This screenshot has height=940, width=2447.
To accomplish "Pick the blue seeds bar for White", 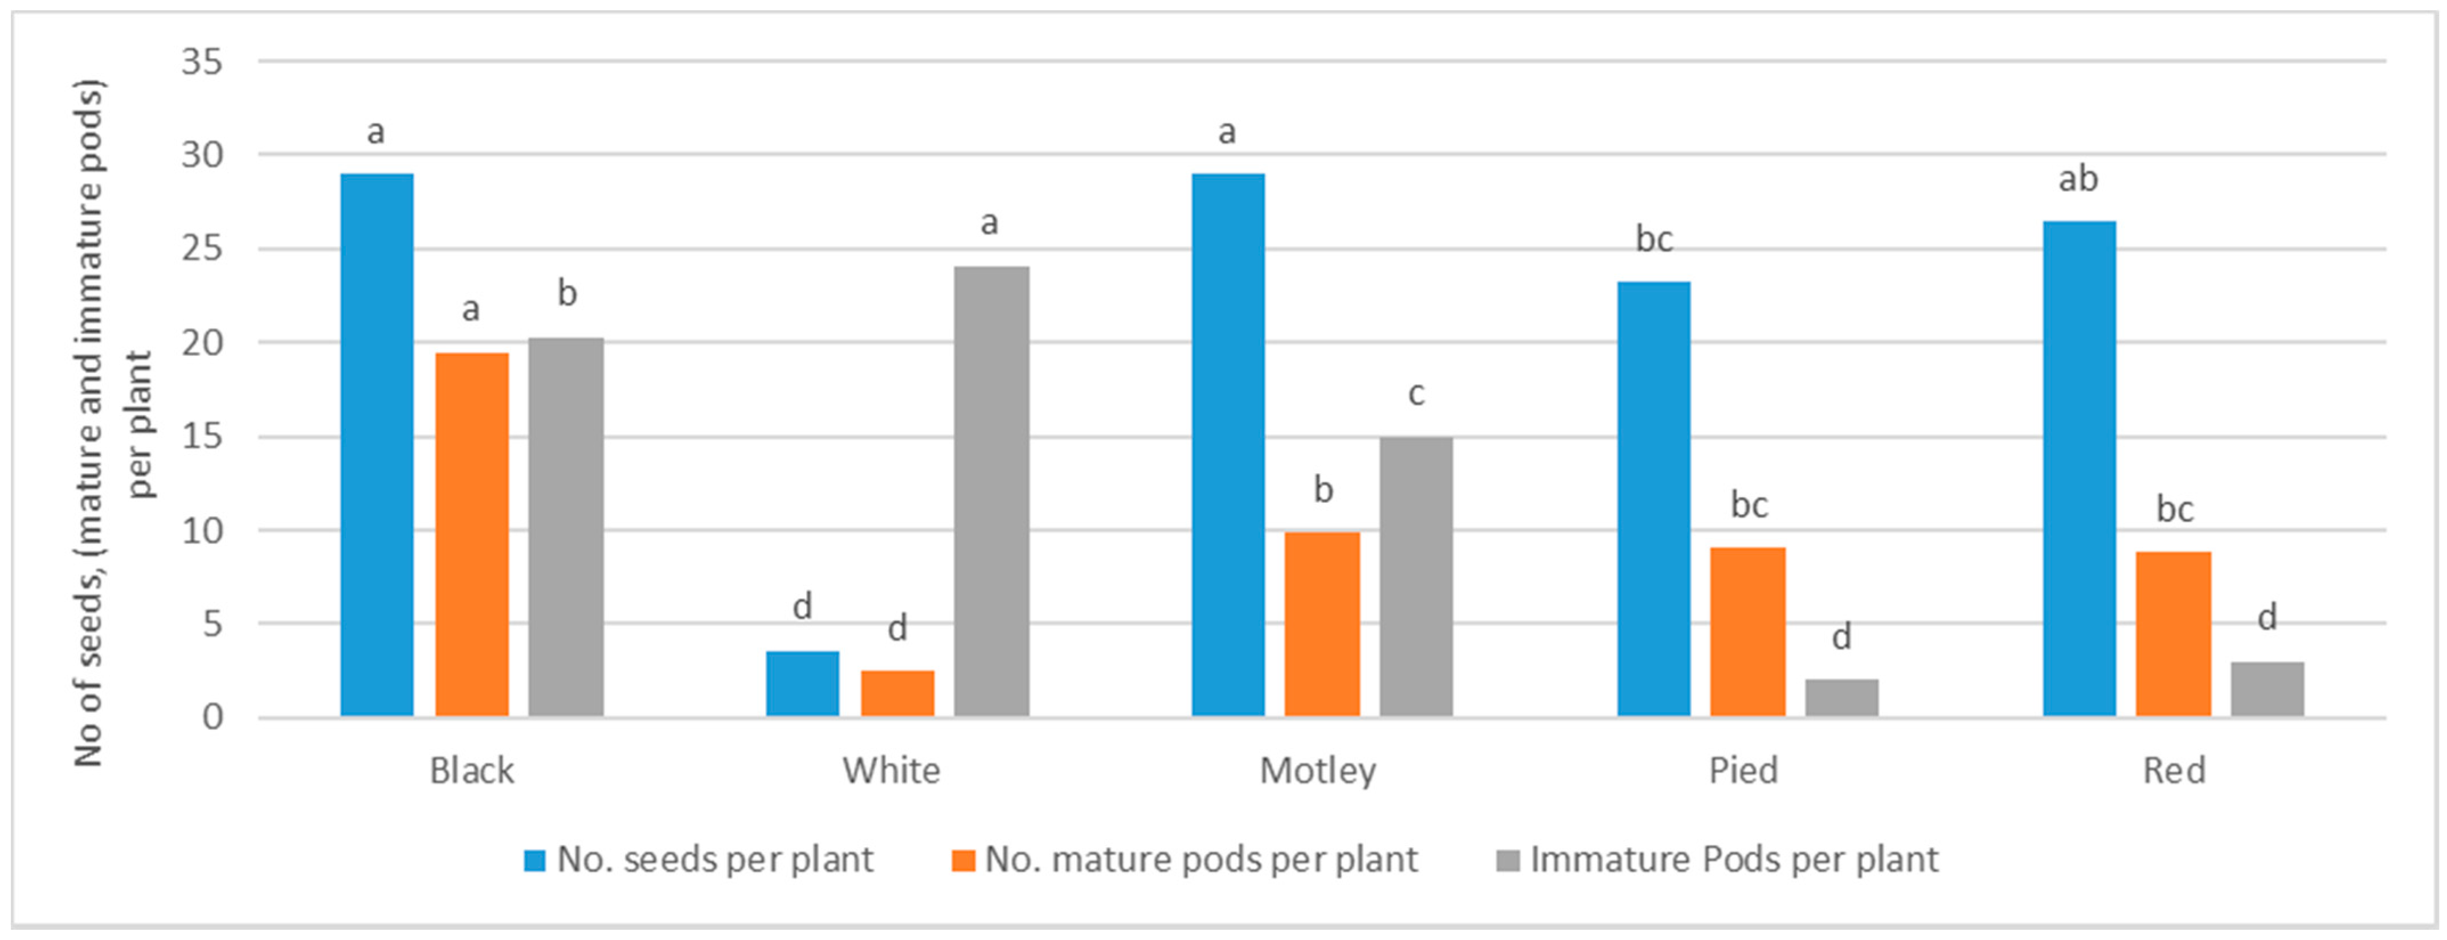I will (x=803, y=684).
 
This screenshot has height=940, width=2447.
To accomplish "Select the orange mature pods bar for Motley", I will (x=1322, y=624).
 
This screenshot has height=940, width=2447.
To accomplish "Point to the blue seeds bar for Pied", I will (x=1654, y=499).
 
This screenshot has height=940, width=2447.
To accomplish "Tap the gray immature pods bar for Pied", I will (x=1842, y=698).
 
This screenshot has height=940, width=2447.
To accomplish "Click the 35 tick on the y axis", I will (x=201, y=63).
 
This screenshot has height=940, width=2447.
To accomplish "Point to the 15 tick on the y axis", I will (x=201, y=437).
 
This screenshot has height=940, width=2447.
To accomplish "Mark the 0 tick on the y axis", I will (x=212, y=717).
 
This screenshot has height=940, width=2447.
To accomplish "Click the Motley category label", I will (x=1318, y=770).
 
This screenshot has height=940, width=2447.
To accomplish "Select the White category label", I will (x=891, y=770).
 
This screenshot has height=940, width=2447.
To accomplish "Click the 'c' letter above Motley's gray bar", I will (x=1416, y=393).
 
